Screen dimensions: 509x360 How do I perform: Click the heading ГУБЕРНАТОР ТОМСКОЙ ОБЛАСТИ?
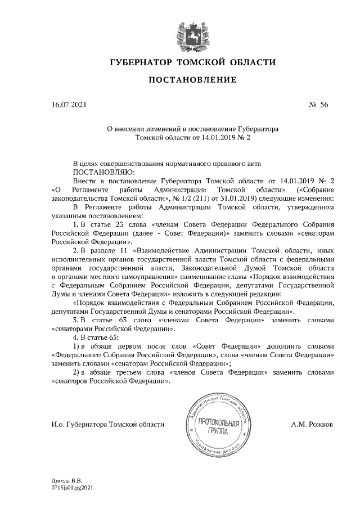pos(192,61)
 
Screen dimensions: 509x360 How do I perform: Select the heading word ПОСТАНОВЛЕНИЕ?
pos(192,81)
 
